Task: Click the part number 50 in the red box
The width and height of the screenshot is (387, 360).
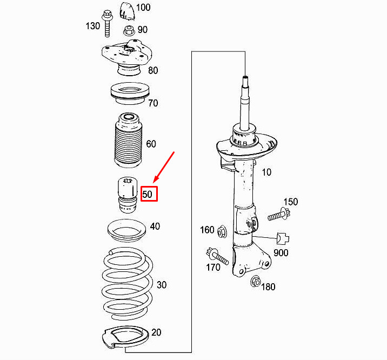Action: [x=147, y=194]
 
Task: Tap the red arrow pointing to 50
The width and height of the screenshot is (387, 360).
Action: [x=164, y=167]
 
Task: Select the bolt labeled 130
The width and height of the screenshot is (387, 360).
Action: [x=107, y=24]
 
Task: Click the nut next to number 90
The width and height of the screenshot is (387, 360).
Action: [x=129, y=31]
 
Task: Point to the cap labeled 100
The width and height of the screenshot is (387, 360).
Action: [x=127, y=11]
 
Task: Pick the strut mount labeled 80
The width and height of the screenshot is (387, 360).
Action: [x=127, y=57]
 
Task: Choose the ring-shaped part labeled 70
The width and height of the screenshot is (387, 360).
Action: [x=130, y=94]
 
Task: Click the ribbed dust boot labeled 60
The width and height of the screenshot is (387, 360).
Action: [x=128, y=140]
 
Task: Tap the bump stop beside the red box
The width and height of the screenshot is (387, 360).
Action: [x=127, y=195]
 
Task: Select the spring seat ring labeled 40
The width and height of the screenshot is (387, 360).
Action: [x=126, y=230]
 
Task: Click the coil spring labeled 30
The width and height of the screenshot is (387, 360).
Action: [x=127, y=284]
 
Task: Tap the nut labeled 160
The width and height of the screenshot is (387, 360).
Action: [x=222, y=231]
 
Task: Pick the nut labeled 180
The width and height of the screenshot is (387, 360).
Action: [x=256, y=282]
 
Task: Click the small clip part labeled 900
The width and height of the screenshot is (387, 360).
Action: [x=283, y=238]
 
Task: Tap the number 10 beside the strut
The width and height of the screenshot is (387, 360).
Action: [x=266, y=172]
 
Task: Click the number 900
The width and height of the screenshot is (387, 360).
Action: [x=281, y=252]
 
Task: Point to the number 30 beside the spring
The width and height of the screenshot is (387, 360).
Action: [x=162, y=285]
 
